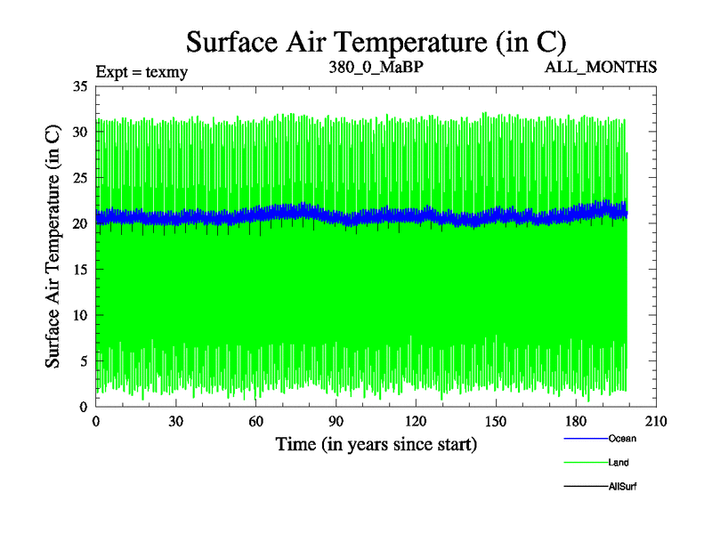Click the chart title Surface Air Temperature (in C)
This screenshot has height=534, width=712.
tap(376, 41)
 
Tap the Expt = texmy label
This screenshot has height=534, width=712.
tap(142, 69)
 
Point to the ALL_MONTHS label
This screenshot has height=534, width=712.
tap(601, 67)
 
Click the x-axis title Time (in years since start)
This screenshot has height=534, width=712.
tap(376, 443)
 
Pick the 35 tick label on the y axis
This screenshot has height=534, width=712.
tap(79, 86)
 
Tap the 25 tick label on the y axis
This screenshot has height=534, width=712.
tap(79, 178)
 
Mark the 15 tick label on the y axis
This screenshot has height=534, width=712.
tap(79, 270)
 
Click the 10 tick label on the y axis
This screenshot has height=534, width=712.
tap(79, 315)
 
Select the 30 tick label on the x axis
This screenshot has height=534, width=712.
tap(175, 423)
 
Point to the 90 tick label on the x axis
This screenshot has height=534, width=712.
tap(336, 423)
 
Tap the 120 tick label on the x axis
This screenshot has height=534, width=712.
tap(416, 423)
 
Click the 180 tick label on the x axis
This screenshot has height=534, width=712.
tap(576, 423)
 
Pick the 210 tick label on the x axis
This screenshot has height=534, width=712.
tap(656, 423)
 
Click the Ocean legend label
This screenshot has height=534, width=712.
tap(622, 438)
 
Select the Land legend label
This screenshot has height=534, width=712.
tap(619, 462)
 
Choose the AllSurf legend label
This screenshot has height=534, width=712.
tap(623, 486)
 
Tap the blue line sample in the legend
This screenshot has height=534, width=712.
tap(585, 438)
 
